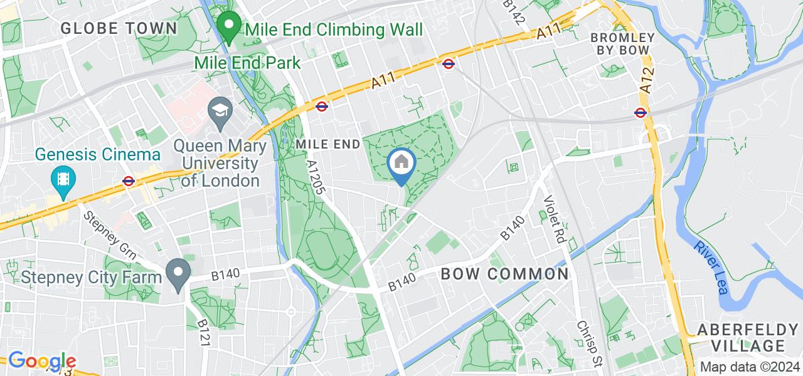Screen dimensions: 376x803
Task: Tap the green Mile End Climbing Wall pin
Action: (229, 27)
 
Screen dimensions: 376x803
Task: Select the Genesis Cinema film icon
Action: (64, 179)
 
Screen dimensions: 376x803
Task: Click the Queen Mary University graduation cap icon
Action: (219, 111)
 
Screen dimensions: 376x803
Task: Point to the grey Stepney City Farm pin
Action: (178, 274)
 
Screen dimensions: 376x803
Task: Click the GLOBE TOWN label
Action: (119, 28)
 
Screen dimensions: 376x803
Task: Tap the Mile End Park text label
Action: (247, 63)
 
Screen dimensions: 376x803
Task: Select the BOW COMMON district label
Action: (504, 274)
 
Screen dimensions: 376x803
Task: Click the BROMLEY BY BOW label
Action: (622, 44)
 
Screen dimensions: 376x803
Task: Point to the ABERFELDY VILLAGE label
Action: (742, 338)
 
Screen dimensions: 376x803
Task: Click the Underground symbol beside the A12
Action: (640, 113)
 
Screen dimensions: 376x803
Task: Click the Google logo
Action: (41, 362)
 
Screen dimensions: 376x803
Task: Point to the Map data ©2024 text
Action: (749, 367)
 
